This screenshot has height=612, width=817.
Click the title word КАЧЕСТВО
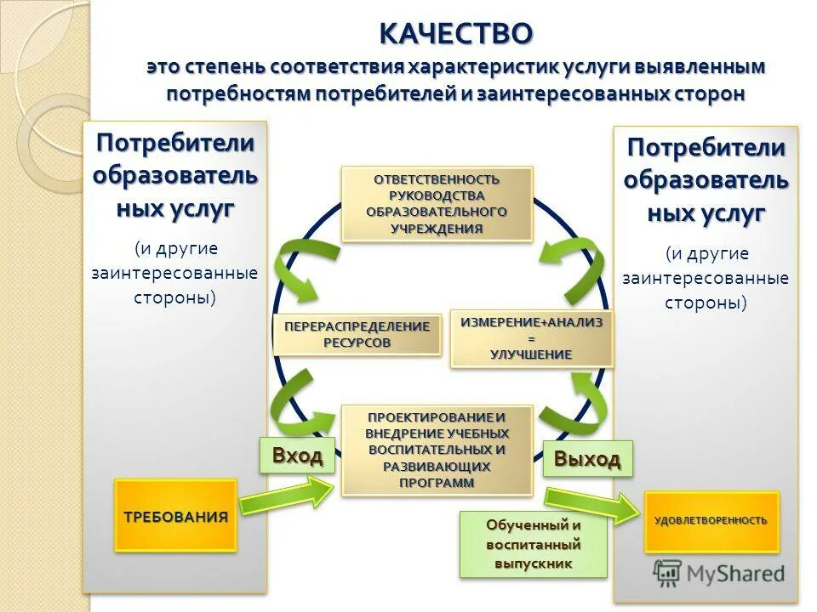point(456,34)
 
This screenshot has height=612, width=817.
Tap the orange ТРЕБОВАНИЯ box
point(175,516)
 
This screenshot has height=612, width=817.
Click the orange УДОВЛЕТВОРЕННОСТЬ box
point(711,520)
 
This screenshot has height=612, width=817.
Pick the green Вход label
point(297,456)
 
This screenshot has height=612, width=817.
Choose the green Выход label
point(587,459)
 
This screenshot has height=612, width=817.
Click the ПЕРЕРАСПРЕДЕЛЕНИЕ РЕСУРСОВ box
point(357,334)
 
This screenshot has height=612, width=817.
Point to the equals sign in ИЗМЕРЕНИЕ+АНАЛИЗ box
point(531,338)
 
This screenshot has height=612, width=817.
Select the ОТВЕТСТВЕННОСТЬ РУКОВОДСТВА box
point(437,204)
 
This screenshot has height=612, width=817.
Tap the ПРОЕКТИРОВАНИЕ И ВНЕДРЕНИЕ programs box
point(437,450)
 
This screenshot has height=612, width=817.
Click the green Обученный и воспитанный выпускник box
point(534,544)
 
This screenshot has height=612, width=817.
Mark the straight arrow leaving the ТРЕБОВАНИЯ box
point(286,494)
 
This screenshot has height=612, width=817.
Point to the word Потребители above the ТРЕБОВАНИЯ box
point(175,142)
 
